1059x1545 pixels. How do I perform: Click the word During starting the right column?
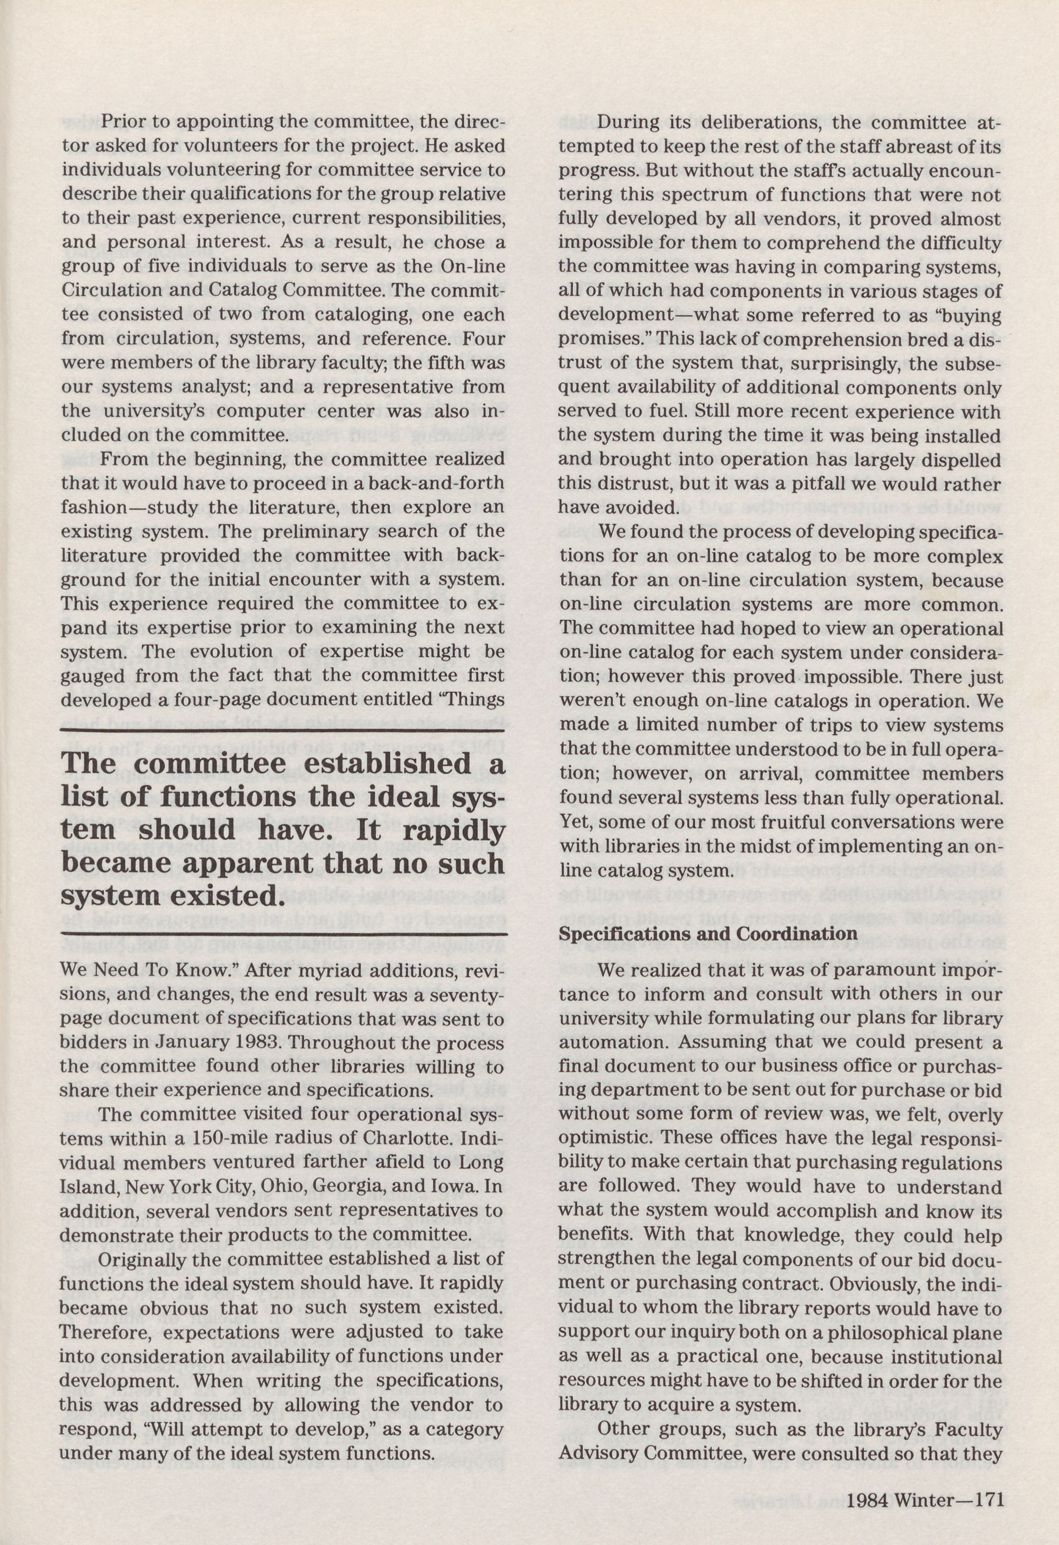[x=627, y=122]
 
